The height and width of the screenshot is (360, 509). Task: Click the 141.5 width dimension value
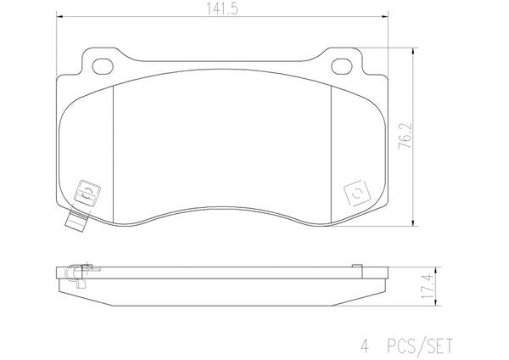point(222,9)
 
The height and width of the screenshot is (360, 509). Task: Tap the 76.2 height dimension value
point(405,136)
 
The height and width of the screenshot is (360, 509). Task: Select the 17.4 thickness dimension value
point(428,287)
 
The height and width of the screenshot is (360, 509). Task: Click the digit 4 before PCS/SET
point(365,346)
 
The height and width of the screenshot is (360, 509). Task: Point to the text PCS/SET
point(419,346)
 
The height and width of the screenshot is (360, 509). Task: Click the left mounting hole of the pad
point(103,66)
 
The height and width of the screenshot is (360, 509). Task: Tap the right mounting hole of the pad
point(342,66)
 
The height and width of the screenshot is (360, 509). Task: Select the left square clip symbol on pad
point(87,193)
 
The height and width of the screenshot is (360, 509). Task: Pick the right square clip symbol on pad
point(357,193)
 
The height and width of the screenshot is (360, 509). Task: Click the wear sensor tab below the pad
point(76,221)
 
